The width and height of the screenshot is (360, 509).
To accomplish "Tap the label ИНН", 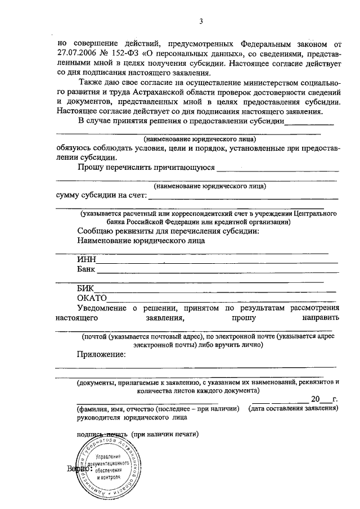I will click(87, 260).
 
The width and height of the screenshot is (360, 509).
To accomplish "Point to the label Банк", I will click(87, 269).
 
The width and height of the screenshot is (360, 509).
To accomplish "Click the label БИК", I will click(86, 288).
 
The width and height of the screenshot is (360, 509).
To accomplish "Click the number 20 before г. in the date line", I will click(316, 399).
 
